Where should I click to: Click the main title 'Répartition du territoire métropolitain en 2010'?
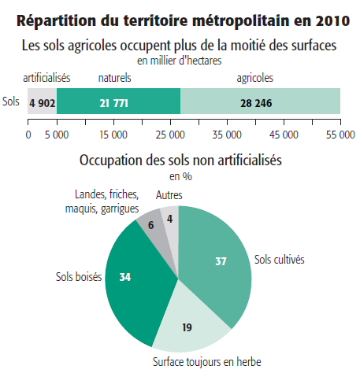pos(180,20)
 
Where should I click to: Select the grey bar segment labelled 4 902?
pos(42,102)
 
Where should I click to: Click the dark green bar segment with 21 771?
pos(118,102)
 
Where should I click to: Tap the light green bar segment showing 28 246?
pos(261,102)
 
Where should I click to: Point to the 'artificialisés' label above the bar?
pos(47,78)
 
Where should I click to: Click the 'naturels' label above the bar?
pos(114,78)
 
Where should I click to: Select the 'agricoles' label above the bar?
pos(255,78)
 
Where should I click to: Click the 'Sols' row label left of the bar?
pos(11,102)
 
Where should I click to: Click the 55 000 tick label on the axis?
pos(340,134)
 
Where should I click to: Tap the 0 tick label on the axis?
pos(28,134)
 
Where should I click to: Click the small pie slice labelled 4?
pos(169,218)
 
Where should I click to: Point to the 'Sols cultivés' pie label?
pos(279,258)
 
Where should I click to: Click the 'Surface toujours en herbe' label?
pos(206,362)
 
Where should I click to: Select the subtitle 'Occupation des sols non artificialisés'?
pos(180,161)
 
